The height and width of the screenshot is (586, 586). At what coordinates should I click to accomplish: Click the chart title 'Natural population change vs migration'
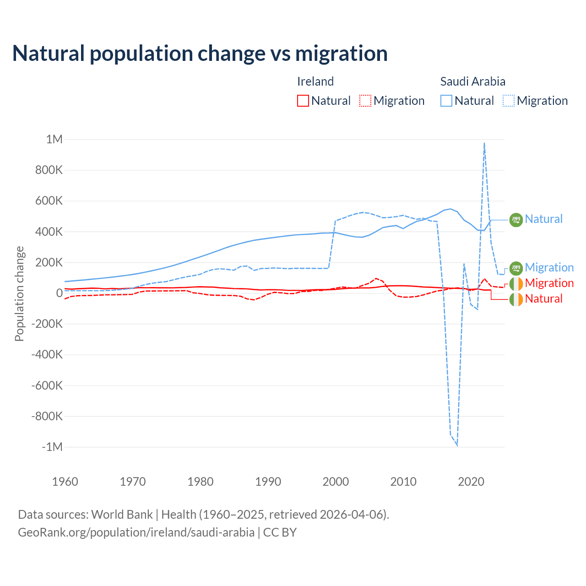click(200, 54)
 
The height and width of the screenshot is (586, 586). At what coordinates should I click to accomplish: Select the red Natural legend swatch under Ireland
click(303, 101)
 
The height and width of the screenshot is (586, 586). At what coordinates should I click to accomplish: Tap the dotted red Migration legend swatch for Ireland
click(365, 101)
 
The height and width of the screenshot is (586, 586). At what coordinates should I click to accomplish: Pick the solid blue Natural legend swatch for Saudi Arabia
click(446, 101)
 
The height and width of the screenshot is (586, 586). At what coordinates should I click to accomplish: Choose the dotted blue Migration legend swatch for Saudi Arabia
click(509, 101)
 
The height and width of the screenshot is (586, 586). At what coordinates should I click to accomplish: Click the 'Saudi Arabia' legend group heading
click(472, 81)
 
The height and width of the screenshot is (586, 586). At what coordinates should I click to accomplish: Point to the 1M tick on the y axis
click(54, 139)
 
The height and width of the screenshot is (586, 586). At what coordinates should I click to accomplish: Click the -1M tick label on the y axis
click(52, 447)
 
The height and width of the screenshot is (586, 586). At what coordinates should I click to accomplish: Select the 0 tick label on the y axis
click(59, 293)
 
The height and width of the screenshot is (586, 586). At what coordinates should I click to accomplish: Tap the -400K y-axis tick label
click(47, 354)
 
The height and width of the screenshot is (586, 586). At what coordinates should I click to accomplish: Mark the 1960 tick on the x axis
click(65, 482)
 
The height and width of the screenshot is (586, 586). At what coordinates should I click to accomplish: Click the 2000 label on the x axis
click(336, 482)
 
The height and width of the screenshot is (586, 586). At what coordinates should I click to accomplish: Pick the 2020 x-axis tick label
click(471, 482)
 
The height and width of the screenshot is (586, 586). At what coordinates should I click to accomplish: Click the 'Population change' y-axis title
click(19, 293)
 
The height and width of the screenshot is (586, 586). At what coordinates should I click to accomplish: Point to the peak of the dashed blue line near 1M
click(484, 143)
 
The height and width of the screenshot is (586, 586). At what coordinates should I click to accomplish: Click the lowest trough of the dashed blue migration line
click(457, 445)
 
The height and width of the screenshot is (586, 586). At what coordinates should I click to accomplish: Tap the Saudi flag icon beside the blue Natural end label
click(516, 220)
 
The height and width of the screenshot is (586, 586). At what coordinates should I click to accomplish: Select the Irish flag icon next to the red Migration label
click(516, 283)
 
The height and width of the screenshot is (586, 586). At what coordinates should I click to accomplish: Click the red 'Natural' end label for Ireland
click(543, 299)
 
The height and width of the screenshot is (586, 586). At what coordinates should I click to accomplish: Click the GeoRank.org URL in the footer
click(136, 532)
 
